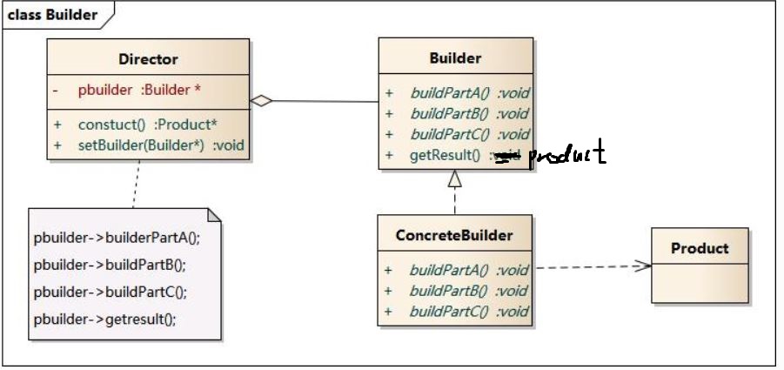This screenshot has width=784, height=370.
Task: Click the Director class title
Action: tap(148, 60)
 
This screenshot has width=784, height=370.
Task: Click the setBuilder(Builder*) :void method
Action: tap(161, 145)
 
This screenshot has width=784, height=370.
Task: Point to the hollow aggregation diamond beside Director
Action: tap(261, 101)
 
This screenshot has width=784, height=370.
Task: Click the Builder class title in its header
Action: tap(455, 59)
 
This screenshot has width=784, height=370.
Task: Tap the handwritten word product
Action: tap(566, 155)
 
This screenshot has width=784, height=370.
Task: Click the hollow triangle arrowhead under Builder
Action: tap(454, 179)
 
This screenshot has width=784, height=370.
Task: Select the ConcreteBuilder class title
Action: tap(455, 235)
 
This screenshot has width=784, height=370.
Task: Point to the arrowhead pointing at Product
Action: tap(642, 266)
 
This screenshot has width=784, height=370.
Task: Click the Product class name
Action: tap(700, 248)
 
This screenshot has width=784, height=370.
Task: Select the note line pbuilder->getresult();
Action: tap(105, 319)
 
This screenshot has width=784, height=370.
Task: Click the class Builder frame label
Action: tap(52, 14)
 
